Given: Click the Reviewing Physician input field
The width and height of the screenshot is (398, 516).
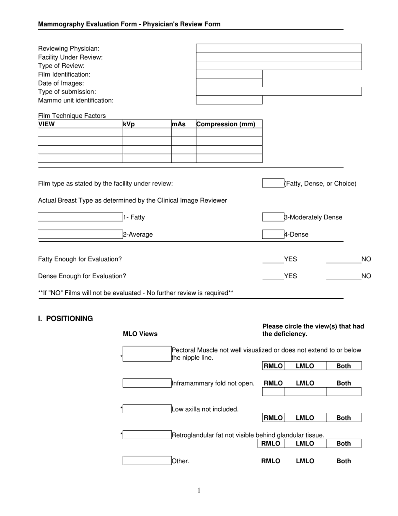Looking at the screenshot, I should (279, 48).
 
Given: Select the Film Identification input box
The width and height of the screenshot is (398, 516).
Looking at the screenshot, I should (229, 74).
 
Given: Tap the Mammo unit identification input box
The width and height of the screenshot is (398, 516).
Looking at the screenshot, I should (229, 100).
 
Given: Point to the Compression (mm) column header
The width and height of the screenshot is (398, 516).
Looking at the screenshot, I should (226, 124).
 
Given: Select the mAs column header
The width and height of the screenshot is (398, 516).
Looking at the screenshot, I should (179, 124).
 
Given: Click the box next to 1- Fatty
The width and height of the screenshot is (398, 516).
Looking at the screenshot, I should (80, 217).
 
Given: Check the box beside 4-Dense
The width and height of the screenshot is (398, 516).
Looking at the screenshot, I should (273, 235).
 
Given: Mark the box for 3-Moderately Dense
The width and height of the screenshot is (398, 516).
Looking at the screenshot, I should (273, 217).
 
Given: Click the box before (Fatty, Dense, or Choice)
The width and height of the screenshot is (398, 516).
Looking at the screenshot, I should (273, 183).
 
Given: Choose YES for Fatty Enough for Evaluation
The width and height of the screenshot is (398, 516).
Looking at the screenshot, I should (273, 259).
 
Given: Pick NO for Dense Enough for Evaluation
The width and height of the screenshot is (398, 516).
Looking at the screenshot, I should (344, 276).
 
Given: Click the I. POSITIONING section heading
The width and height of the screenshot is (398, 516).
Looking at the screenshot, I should (65, 318).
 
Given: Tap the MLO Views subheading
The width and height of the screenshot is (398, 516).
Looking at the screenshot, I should (140, 334).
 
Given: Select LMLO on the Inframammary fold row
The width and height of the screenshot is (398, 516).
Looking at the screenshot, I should (305, 383).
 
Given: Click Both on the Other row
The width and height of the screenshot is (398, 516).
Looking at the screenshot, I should (344, 461).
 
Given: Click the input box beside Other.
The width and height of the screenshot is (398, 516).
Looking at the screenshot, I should (147, 461).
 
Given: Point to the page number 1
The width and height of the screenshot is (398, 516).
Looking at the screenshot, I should (199, 490).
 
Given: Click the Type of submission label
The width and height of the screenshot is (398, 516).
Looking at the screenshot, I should (67, 91).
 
